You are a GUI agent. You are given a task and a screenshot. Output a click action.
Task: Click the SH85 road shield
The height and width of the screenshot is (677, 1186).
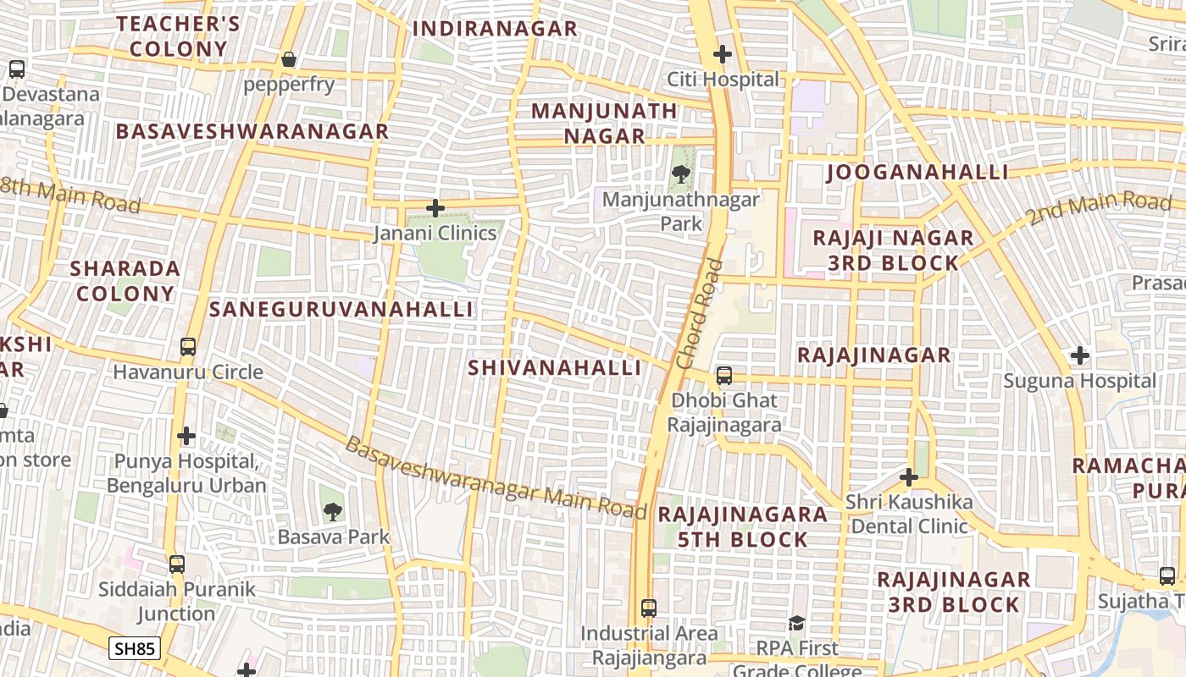[x=135, y=649]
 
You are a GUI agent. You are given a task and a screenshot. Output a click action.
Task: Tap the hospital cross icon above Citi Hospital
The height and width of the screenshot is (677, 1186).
[x=723, y=55]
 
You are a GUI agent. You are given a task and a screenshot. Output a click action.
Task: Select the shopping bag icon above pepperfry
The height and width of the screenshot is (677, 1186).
[x=289, y=59]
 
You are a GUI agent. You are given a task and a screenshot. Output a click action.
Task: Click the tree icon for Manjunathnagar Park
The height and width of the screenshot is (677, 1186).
[x=680, y=175]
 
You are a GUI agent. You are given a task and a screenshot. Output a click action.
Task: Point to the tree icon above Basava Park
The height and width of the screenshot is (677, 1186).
[x=333, y=511]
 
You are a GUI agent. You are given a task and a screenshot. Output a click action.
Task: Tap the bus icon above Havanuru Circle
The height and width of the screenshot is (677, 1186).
[x=188, y=347]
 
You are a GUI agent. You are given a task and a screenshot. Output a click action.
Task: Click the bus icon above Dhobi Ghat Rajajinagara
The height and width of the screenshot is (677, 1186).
[x=724, y=376]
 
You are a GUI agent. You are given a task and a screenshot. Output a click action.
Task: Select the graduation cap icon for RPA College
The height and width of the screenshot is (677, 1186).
[x=797, y=624]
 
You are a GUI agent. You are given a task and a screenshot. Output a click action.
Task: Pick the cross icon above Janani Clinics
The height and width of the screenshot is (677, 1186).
[x=435, y=208]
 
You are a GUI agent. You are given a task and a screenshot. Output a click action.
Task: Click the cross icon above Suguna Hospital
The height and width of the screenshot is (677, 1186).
[x=1079, y=355]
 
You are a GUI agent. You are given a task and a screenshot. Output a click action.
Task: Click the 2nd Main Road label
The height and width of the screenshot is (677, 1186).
[x=1100, y=207]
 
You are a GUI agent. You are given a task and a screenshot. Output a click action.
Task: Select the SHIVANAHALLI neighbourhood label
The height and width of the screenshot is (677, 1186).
[x=555, y=368]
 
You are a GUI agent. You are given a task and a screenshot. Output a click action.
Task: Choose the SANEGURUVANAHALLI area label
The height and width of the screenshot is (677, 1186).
[x=341, y=309]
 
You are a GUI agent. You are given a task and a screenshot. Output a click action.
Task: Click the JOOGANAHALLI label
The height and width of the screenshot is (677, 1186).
[x=917, y=173]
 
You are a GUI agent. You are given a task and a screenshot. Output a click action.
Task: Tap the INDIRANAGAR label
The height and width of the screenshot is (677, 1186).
[x=495, y=29]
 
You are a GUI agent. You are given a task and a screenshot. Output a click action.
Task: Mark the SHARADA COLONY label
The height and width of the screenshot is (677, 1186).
[x=125, y=281]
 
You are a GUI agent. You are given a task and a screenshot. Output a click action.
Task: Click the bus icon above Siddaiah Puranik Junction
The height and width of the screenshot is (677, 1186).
[x=177, y=564]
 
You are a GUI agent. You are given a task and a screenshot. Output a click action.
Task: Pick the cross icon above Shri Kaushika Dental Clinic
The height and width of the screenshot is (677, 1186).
[x=909, y=477]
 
